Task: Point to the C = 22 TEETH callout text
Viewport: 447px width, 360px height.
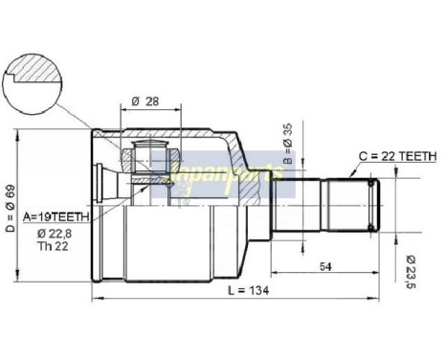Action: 397,155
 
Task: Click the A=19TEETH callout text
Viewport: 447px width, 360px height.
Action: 56,216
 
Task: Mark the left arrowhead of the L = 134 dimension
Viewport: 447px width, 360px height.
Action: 96,300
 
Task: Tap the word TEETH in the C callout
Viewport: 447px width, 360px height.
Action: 417,155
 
